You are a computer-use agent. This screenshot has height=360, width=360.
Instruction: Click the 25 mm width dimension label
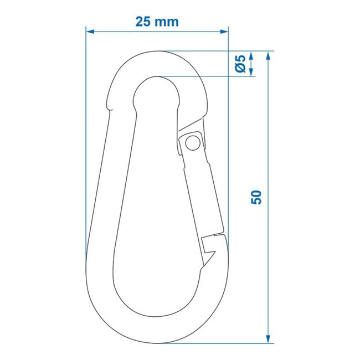pyautogui.click(x=157, y=22)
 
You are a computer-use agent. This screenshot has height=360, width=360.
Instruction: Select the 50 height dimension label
pyautogui.click(x=256, y=197)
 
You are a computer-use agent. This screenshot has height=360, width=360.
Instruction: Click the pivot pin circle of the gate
pyautogui.click(x=192, y=142)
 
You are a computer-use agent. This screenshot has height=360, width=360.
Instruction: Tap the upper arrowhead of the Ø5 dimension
pyautogui.click(x=252, y=55)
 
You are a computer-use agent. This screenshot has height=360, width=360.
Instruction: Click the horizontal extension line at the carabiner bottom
pyautogui.click(x=222, y=342)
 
